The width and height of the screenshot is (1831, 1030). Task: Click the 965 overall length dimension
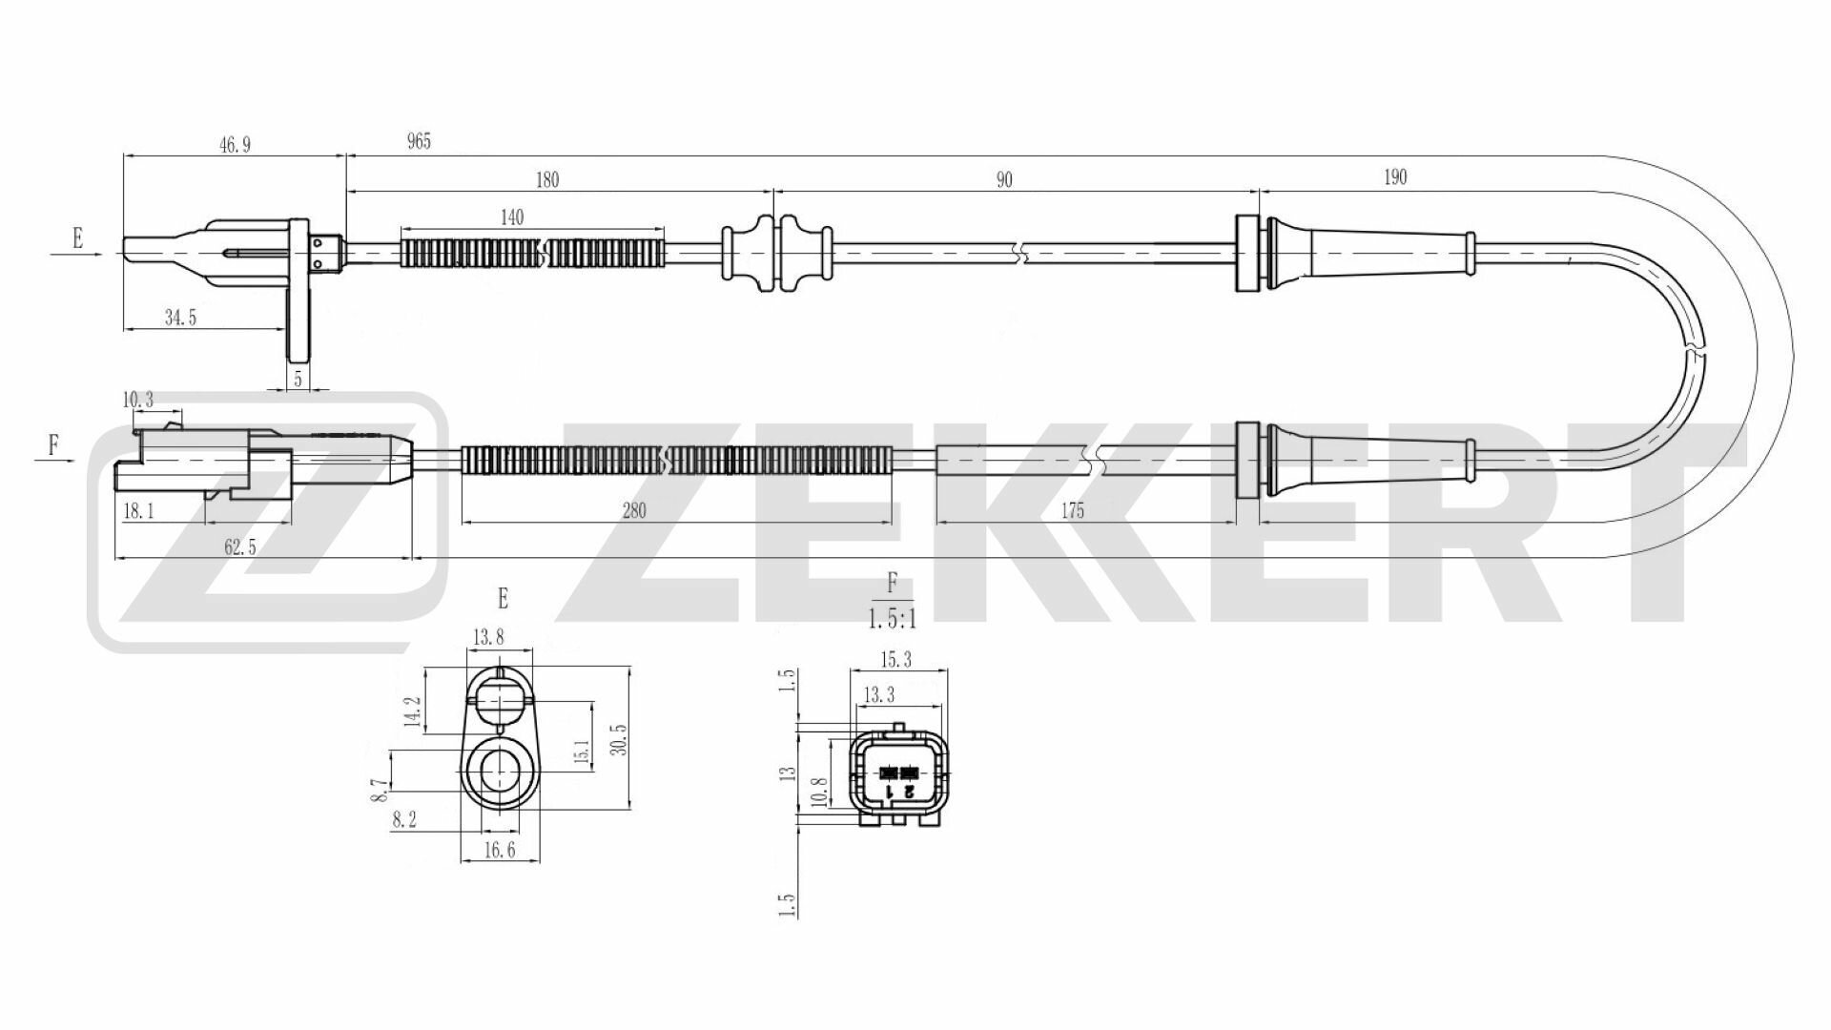(x=419, y=142)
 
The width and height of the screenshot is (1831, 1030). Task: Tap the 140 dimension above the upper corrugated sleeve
(x=512, y=217)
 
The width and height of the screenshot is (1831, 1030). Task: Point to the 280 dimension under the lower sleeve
(x=633, y=510)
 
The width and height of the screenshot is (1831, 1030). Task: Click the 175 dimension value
(x=1073, y=510)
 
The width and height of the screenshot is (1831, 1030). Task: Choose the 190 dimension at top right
(x=1394, y=177)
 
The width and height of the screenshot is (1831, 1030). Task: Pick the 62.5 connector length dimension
(x=240, y=546)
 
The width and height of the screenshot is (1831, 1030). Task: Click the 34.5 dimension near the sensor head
(x=180, y=318)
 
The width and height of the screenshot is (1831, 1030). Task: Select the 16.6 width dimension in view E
(x=500, y=850)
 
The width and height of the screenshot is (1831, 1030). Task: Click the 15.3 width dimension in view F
(x=896, y=659)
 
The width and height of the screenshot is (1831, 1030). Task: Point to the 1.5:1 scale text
(x=892, y=620)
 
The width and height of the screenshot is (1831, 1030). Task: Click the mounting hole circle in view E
(x=499, y=771)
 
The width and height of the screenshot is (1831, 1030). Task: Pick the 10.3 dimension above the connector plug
(x=138, y=400)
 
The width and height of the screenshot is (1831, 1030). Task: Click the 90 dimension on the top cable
(x=1004, y=179)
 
